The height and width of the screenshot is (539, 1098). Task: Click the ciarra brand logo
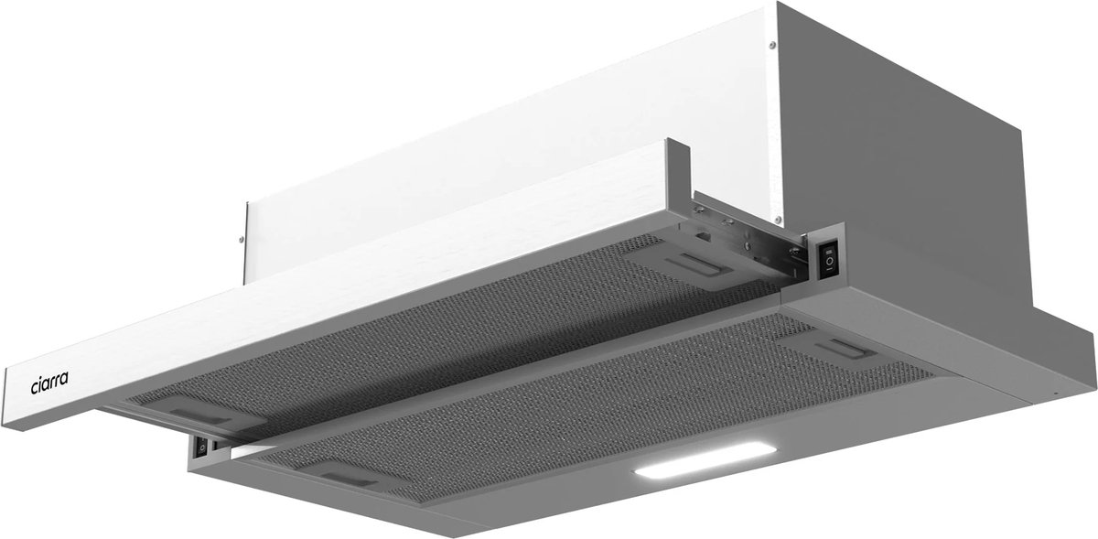pyautogui.click(x=49, y=383)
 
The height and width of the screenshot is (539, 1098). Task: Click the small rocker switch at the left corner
pyautogui.click(x=201, y=447)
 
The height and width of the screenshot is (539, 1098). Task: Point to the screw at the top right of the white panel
pyautogui.click(x=772, y=45)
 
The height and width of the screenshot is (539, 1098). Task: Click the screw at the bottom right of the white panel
pyautogui.click(x=778, y=220)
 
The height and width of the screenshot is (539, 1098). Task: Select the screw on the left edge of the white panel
pyautogui.click(x=241, y=240)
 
